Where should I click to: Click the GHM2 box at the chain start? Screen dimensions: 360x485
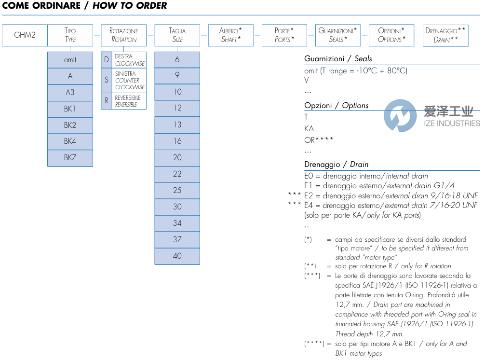25,35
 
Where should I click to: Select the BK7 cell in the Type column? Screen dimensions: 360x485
70,158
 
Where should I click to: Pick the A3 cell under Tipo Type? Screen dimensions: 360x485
70,93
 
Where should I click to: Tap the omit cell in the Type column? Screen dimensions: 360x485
70,60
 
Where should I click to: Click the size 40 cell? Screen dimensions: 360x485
177,256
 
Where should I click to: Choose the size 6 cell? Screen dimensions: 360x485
177,60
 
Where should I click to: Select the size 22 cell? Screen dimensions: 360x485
177,174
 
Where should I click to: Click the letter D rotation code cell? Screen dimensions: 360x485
107,60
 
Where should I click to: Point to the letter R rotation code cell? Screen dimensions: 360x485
107,101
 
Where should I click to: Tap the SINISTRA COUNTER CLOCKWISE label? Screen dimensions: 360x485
129,81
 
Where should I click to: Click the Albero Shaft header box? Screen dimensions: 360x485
230,35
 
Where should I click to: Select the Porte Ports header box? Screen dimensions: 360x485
284,35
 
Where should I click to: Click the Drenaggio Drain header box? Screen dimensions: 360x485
445,35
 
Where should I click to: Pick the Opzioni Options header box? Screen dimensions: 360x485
391,35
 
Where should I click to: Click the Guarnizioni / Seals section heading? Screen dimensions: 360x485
338,58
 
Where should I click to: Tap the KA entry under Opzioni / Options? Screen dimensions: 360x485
309,128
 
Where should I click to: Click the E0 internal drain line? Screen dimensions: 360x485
366,176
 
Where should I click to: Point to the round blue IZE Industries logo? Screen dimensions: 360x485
400,116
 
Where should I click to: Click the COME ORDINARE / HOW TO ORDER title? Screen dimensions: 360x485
85,6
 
